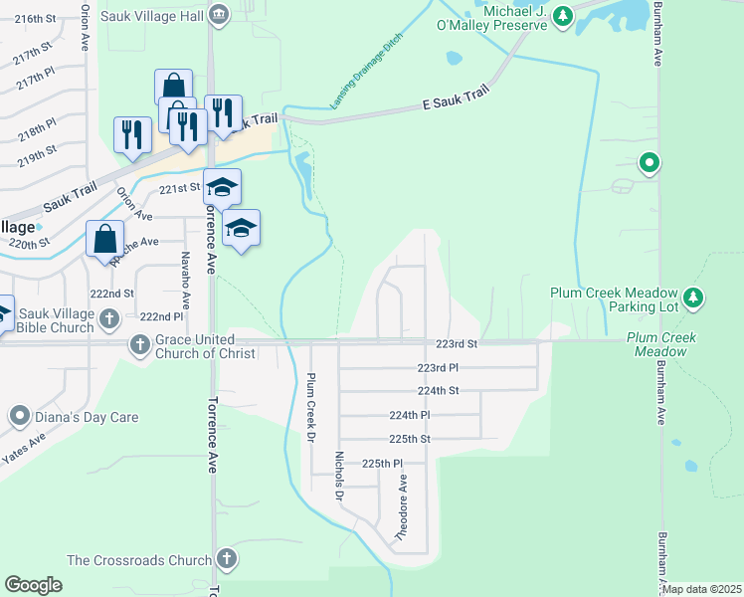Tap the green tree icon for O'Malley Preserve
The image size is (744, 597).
563,16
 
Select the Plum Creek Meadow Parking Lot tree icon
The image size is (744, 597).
694,298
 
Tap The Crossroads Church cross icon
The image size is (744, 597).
227,559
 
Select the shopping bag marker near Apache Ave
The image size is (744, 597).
104,240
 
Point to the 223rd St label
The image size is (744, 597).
457,343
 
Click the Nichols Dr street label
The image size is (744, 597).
339,476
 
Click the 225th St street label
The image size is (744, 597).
409,439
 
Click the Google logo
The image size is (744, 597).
33,584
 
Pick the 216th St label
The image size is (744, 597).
35,19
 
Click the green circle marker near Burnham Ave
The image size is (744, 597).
650,162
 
